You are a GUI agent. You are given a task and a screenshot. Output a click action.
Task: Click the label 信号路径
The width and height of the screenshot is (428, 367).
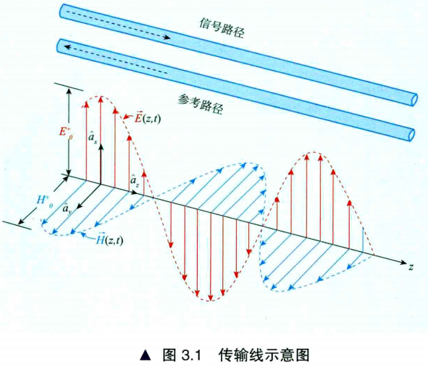(222, 28)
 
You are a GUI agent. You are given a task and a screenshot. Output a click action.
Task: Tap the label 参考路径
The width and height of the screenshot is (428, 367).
(201, 104)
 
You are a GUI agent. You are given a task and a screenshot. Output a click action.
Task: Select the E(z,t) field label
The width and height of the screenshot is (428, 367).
(148, 117)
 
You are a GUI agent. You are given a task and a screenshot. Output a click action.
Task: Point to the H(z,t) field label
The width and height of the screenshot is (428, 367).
(109, 240)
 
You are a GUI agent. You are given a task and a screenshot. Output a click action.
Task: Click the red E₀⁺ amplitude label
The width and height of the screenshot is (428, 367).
(65, 132)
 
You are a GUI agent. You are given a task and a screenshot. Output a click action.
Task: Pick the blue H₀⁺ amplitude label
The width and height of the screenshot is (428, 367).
(44, 201)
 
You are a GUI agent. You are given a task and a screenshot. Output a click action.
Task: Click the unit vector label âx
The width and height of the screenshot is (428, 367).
(92, 138)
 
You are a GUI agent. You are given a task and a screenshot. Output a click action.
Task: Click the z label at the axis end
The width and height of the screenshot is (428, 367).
(411, 266)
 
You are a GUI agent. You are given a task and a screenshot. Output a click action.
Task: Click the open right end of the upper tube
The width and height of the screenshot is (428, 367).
(414, 100)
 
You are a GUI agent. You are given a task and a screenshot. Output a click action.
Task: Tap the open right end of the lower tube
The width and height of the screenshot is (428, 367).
(411, 135)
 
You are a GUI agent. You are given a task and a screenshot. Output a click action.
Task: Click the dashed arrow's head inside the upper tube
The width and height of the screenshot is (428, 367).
(167, 38)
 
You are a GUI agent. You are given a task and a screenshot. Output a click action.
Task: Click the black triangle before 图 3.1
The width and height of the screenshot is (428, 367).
(146, 355)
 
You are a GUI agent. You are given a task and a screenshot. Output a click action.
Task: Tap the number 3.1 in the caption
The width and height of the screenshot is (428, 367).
(190, 355)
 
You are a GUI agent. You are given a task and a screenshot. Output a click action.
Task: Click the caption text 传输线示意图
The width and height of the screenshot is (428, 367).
(264, 355)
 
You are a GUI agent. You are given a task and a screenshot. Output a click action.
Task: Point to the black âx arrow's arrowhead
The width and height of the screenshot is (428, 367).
(101, 147)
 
